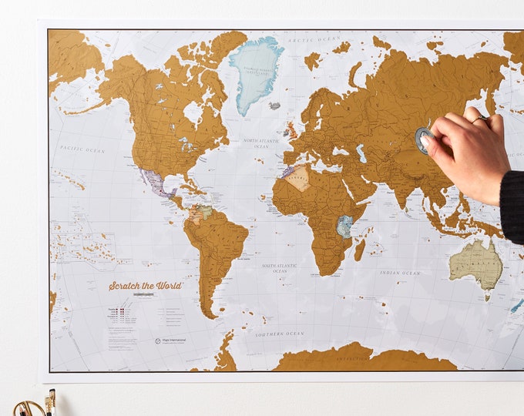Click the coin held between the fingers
[x=423, y=139]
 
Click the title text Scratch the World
[x=145, y=286]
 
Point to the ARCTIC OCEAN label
[x=314, y=39]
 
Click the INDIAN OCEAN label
[x=400, y=272]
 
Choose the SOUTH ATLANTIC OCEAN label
[x=278, y=267]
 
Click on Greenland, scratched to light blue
[x=257, y=70]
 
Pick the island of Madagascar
[x=359, y=249]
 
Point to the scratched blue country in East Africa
[x=344, y=225]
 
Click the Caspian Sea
[x=361, y=152]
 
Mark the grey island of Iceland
[x=274, y=106]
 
